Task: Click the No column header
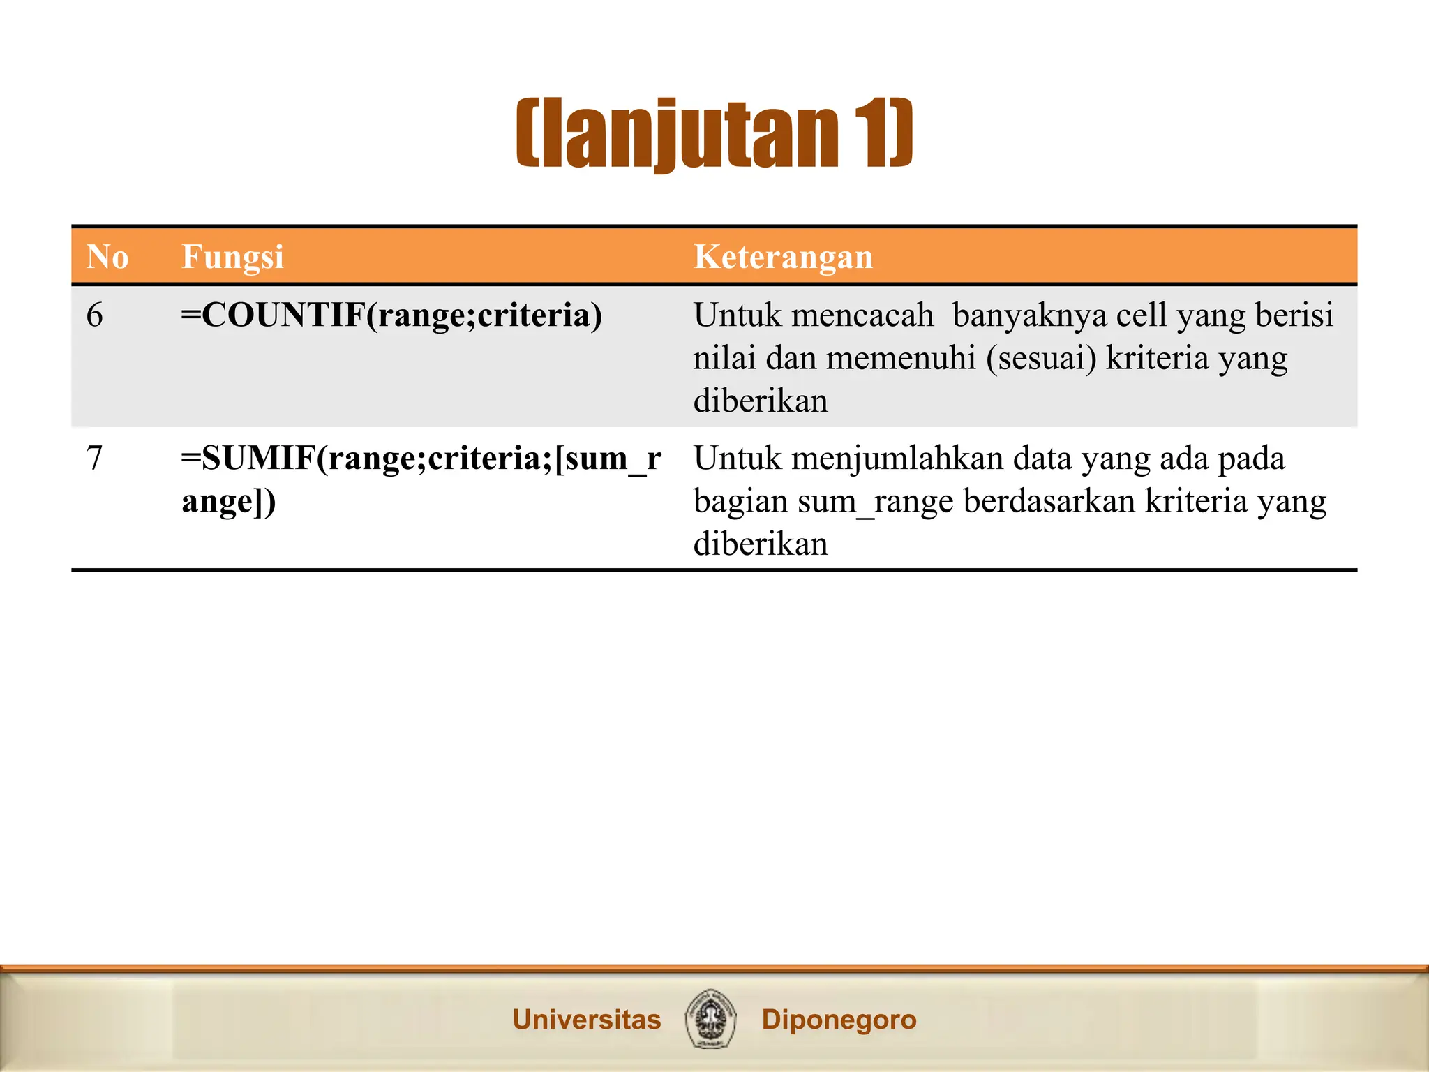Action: pos(107,257)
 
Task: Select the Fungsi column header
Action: pos(232,257)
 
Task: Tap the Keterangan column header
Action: pos(783,257)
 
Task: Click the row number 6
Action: pos(95,315)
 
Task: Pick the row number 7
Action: pos(95,459)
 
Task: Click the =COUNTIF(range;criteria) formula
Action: pos(391,315)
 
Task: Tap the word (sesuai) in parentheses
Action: pos(1041,359)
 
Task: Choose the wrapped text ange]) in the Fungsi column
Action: pos(229,502)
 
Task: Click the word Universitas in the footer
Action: pos(586,1020)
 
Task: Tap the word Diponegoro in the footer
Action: pos(839,1020)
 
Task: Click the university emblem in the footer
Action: pos(710,1018)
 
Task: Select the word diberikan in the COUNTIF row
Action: pos(761,401)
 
